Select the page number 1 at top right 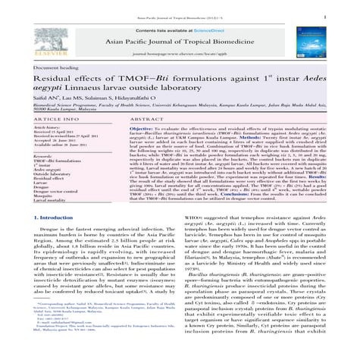click(346, 14)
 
